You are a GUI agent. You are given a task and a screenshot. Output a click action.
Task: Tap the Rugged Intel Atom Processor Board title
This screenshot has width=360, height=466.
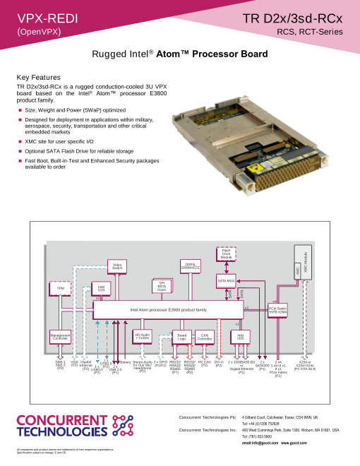[180, 54]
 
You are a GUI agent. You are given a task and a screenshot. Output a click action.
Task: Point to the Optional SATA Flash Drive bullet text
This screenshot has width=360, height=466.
[79, 150]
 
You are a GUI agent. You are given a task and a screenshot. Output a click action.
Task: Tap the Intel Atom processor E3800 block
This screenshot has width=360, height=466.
[168, 309]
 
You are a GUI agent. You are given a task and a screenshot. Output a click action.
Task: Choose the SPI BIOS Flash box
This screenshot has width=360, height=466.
[162, 285]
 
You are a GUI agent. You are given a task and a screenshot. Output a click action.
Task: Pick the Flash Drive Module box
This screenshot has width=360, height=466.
[227, 254]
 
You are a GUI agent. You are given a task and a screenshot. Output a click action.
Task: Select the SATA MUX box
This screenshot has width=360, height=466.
[226, 280]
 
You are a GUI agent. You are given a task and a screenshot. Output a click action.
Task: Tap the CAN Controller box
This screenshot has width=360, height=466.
[205, 337]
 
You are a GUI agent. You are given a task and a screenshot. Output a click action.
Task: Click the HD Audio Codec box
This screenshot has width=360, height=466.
[143, 336]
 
